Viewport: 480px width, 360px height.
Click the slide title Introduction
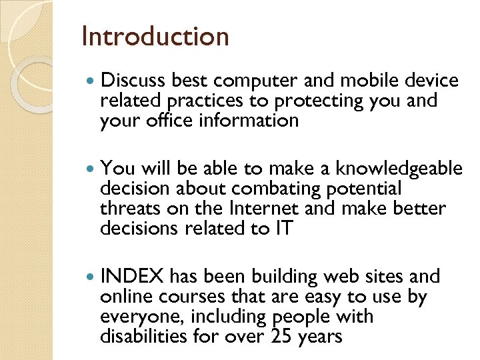pyautogui.click(x=155, y=36)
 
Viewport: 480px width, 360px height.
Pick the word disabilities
pyautogui.click(x=140, y=336)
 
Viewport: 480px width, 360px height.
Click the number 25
pyautogui.click(x=281, y=336)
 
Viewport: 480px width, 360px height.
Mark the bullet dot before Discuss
pyautogui.click(x=91, y=82)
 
